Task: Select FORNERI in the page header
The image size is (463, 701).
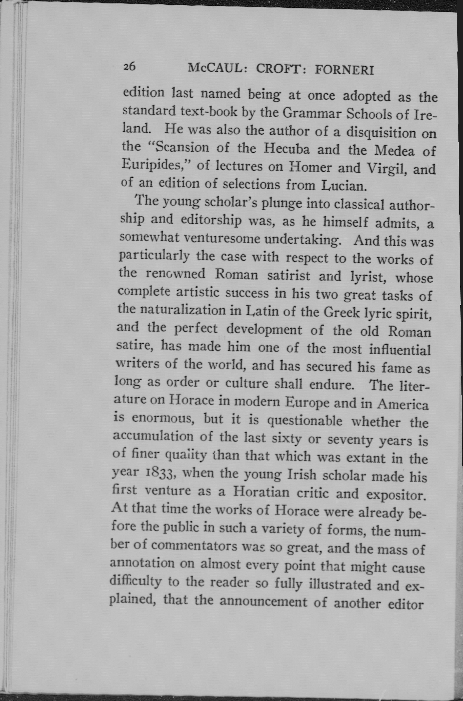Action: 344,70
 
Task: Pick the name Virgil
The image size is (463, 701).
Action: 386,169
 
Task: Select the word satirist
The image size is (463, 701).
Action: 288,275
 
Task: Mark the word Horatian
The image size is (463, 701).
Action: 261,492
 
